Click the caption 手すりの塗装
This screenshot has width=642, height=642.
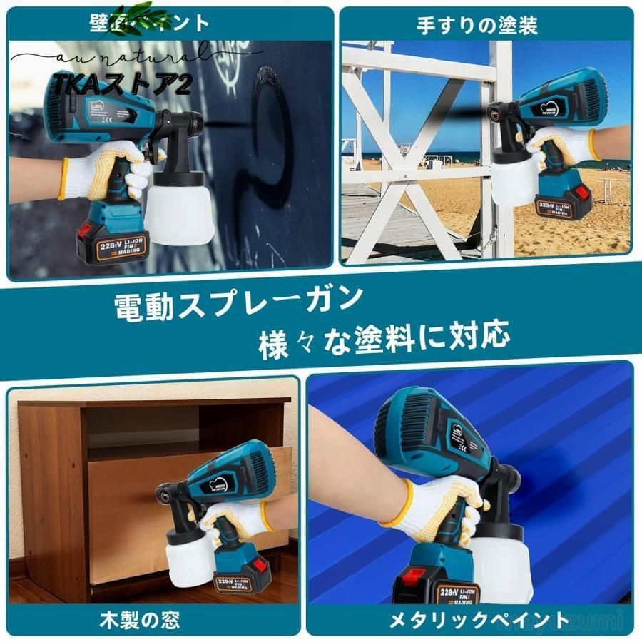click(477, 26)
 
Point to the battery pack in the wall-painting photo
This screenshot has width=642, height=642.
click(111, 243)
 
